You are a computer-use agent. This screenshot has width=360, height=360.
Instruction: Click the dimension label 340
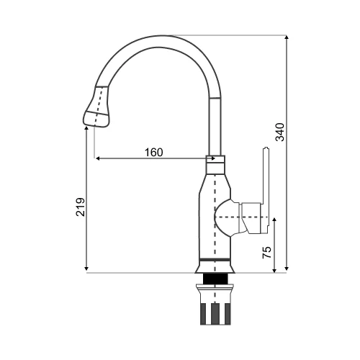click(x=280, y=132)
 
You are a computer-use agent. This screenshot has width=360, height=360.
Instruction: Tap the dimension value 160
click(x=154, y=152)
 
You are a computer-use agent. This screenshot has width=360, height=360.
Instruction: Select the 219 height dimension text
click(x=81, y=207)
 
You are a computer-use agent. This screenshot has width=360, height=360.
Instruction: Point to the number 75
click(x=267, y=252)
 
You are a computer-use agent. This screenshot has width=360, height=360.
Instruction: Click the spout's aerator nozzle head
click(x=97, y=107)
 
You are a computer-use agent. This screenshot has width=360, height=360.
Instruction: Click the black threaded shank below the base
click(x=215, y=279)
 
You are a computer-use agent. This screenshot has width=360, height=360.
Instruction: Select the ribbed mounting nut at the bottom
click(x=215, y=305)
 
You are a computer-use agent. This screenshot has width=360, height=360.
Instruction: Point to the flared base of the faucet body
click(x=215, y=268)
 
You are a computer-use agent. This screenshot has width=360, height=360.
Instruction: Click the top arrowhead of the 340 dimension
click(x=287, y=37)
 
